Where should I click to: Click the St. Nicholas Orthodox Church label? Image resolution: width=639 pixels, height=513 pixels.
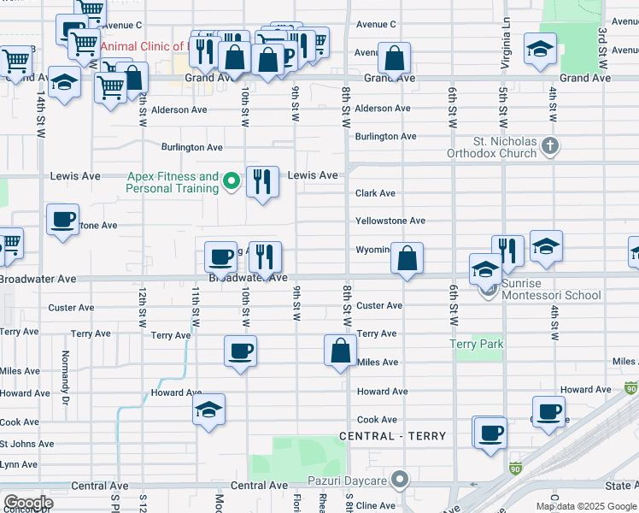pos(506,147)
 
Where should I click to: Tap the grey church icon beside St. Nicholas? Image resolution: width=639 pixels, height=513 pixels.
pos(550,146)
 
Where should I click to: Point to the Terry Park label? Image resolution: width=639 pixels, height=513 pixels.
pos(477,344)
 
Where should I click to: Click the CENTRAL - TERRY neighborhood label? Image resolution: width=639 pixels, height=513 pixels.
pos(392,436)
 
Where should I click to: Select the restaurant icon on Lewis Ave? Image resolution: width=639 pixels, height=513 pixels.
pos(263,181)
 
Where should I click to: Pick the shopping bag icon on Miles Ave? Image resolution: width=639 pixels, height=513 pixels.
pos(340,350)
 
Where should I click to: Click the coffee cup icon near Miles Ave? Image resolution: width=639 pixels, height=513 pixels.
pos(240,350)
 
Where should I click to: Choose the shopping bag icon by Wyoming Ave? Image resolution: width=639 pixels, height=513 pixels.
pos(407,257)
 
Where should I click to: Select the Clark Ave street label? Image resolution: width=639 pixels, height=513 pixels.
pos(375,193)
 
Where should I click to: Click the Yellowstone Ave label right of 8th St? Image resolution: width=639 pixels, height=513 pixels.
pos(390,221)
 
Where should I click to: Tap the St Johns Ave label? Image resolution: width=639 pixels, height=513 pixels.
pos(26,444)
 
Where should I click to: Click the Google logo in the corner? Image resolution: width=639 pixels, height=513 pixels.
pos(27,503)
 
